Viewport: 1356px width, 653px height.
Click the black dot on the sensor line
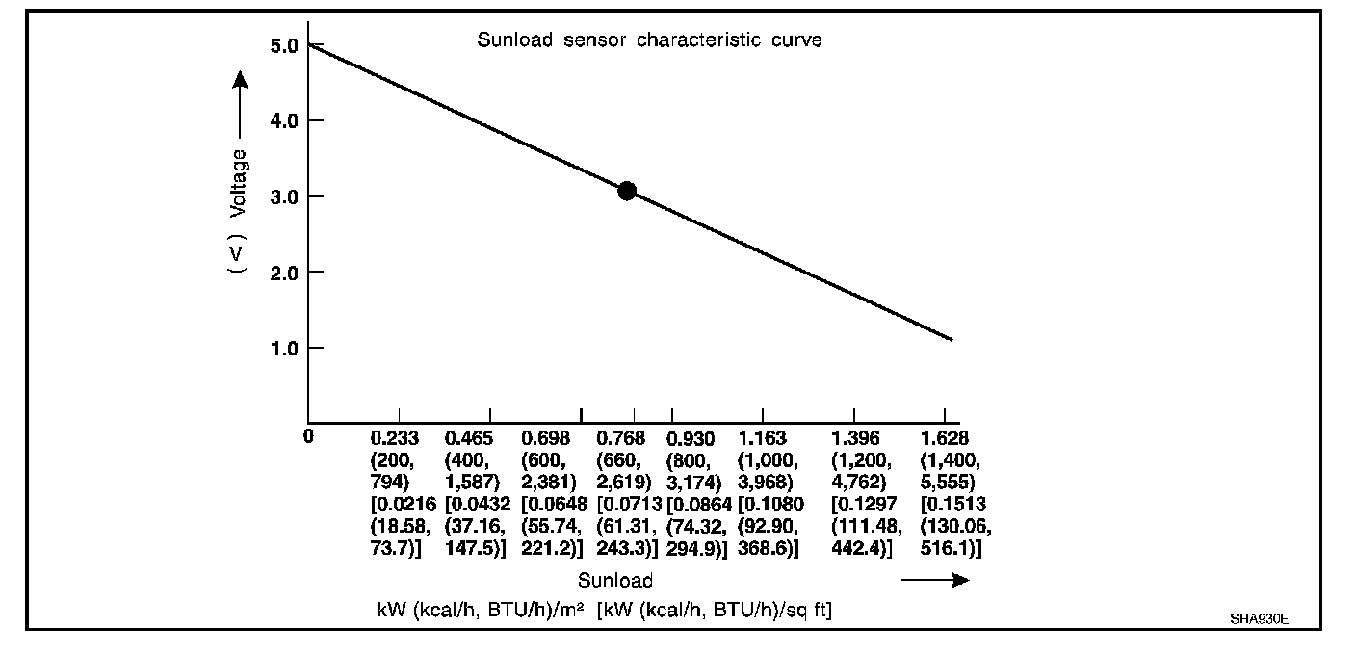(x=627, y=191)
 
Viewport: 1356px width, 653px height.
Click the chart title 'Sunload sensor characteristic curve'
(x=649, y=41)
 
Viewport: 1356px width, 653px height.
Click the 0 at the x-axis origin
(x=308, y=436)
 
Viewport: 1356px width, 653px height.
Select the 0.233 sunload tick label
(x=395, y=439)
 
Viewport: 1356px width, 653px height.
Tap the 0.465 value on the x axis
(x=469, y=439)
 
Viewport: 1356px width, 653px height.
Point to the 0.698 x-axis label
(x=545, y=439)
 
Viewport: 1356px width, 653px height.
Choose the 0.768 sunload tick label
(x=621, y=439)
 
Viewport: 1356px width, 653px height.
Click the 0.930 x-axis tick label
(x=691, y=439)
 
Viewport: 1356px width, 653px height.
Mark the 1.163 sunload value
(x=763, y=439)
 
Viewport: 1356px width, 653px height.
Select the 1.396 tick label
(x=855, y=439)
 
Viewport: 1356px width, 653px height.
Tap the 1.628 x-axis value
(x=945, y=439)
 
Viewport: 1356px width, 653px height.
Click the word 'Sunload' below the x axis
(x=615, y=581)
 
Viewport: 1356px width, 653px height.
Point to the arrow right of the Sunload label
(x=935, y=580)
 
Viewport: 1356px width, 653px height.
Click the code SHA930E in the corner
(x=1260, y=618)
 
